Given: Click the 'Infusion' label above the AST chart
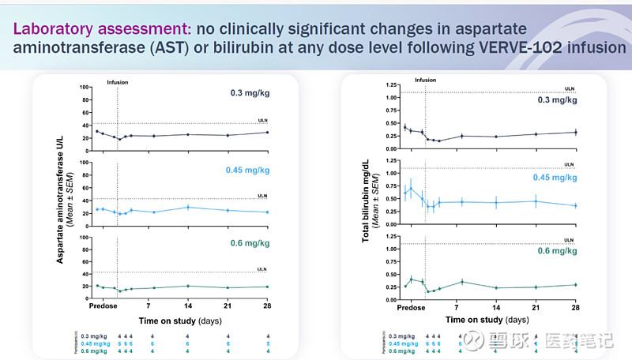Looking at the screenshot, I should tap(117, 81).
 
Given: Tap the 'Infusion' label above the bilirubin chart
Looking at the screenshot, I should tap(425, 80).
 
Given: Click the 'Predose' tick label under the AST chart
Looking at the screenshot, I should tap(103, 306).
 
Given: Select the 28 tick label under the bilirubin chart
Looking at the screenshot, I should tap(576, 308).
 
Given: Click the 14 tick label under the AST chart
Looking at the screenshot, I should tap(188, 306).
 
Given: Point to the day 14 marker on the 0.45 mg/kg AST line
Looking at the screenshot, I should tap(188, 207).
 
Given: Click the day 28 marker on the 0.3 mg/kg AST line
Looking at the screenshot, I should tap(268, 132).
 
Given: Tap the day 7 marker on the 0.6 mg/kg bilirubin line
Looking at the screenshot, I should tap(461, 281).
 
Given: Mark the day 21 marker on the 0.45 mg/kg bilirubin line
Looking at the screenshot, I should tap(536, 201).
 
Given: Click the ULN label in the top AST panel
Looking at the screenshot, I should tap(263, 120).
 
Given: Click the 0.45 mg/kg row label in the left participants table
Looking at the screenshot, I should tap(96, 343).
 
